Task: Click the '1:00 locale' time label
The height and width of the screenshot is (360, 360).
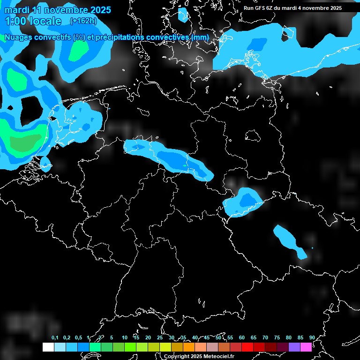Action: [x=33, y=21]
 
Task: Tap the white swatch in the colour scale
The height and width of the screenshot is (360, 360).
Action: [x=48, y=347]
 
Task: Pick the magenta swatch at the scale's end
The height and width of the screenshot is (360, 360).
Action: [x=306, y=347]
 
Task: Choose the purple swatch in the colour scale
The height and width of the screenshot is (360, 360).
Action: [x=294, y=347]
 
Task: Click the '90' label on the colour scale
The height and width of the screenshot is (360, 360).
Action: [x=312, y=337]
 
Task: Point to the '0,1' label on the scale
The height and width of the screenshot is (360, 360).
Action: [x=55, y=337]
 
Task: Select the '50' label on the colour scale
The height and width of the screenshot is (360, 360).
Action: [x=218, y=337]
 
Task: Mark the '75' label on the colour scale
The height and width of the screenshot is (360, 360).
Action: [x=277, y=337]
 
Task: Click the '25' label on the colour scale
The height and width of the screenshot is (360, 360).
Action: [x=160, y=337]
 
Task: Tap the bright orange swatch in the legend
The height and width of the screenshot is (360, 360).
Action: [x=188, y=347]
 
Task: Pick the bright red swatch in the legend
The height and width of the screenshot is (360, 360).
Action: [x=247, y=347]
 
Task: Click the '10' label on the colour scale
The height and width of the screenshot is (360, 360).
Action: [x=125, y=337]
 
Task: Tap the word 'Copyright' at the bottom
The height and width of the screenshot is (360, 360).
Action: [x=176, y=357]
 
